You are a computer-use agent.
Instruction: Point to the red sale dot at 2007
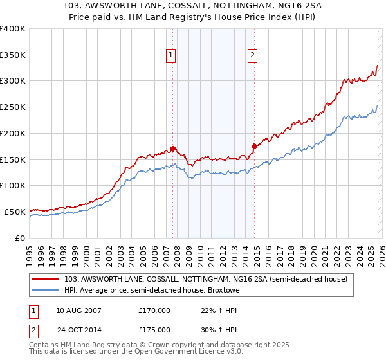pos(172,148)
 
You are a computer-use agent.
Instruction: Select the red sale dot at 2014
pos(254,146)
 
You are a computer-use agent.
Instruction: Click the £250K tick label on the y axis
pos(13,107)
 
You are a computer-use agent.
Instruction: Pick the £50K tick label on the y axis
pos(15,212)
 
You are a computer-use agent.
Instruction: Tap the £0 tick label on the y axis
pos(20,238)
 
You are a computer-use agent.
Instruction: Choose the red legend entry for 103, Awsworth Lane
pos(206,279)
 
